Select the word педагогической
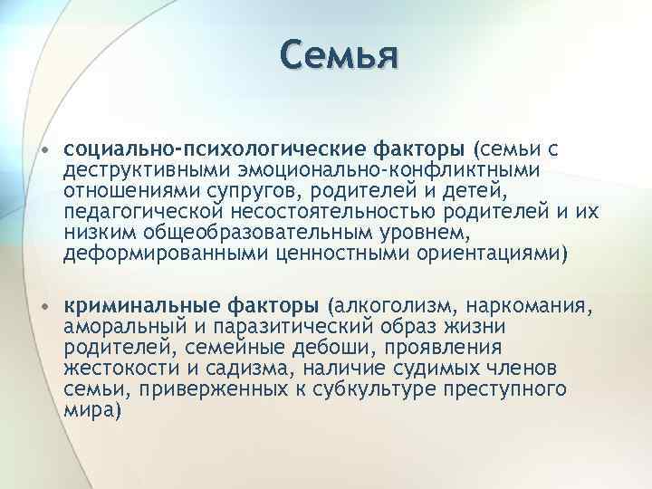coord(143,212)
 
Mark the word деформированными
coord(146,255)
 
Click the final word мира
coord(91,410)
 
